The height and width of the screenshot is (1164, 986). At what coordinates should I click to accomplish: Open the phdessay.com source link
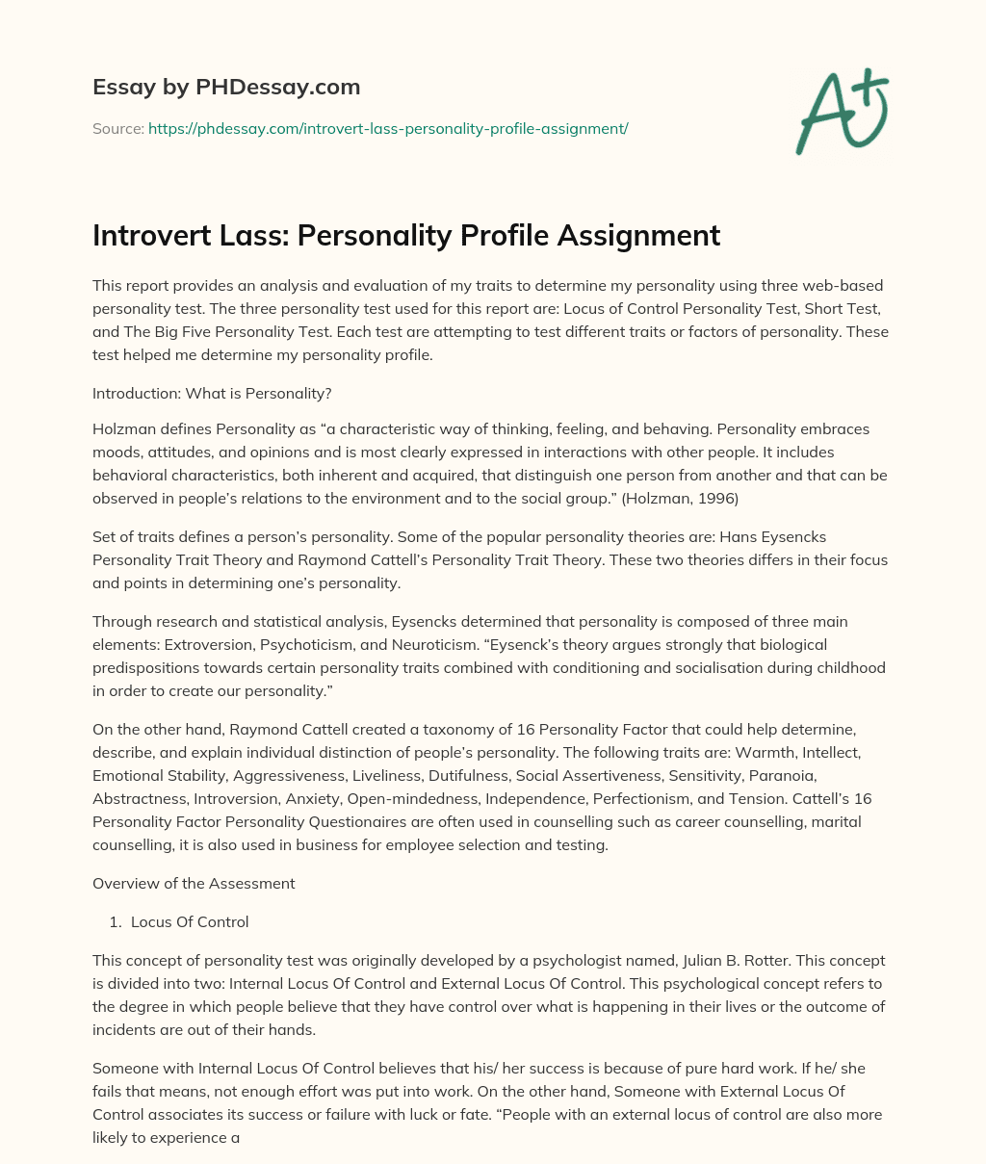click(x=387, y=128)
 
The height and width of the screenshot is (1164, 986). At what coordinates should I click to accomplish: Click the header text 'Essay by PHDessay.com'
click(x=226, y=88)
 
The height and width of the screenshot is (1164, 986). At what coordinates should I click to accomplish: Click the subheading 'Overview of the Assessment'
click(x=194, y=883)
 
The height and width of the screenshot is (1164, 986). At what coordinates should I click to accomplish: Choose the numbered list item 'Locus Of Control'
click(x=190, y=921)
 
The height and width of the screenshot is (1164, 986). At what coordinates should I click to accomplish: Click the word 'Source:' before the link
click(x=118, y=128)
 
